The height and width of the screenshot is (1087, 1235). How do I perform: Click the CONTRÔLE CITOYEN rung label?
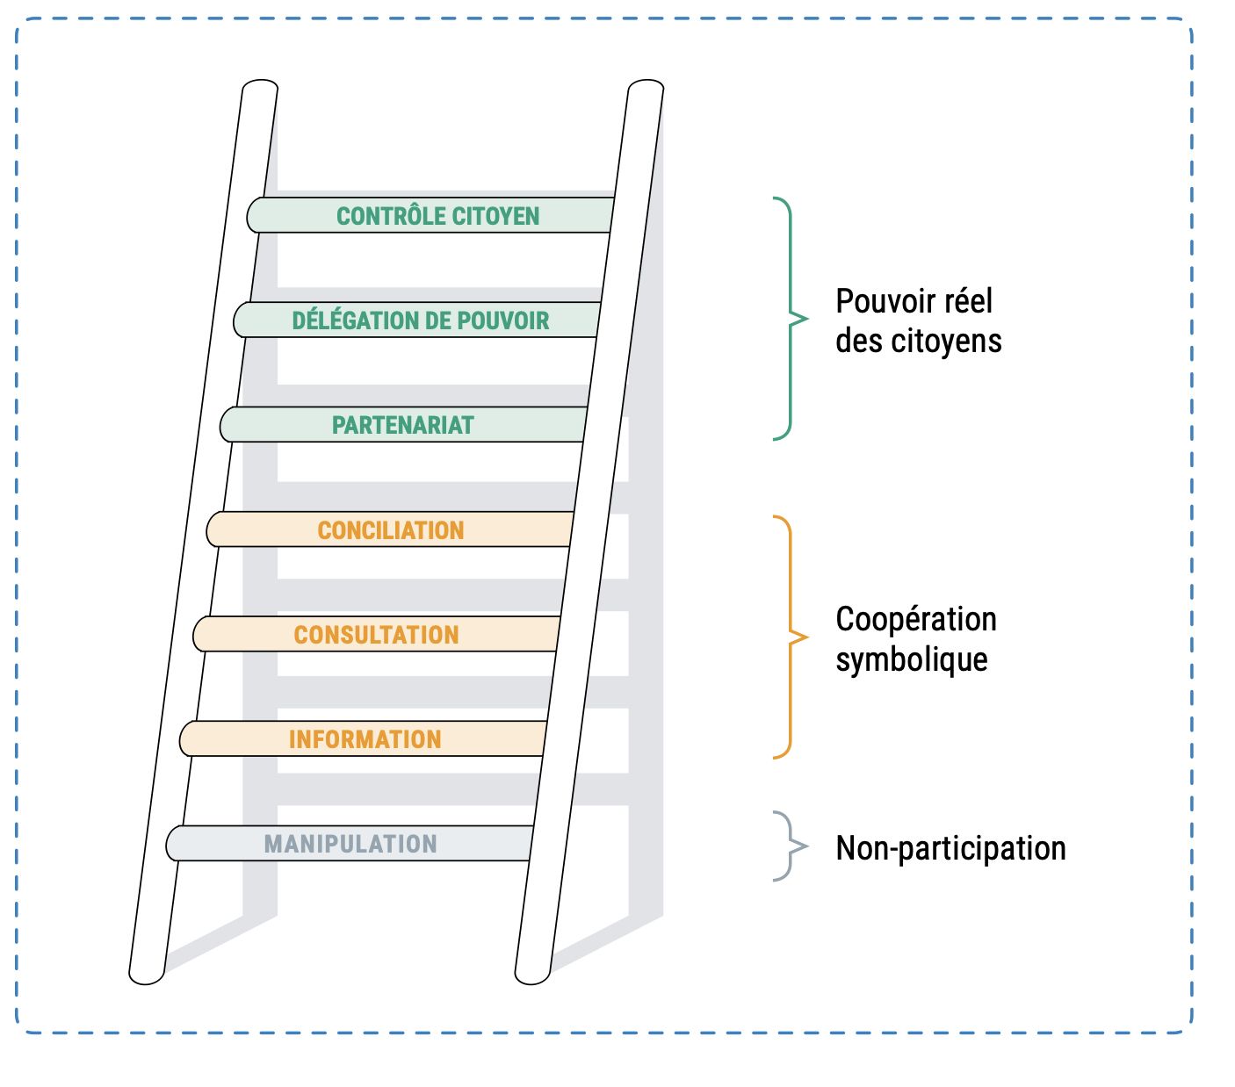437,216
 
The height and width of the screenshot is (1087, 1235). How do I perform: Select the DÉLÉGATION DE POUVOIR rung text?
420,320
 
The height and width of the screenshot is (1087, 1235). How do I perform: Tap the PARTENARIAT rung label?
402,425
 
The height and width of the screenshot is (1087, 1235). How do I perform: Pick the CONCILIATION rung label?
391,530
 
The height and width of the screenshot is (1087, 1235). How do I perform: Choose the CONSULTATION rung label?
376,635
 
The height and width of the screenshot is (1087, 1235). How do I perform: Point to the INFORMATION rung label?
365,739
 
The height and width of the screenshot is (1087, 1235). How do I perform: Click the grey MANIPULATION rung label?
350,844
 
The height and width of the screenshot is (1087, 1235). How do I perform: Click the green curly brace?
790,319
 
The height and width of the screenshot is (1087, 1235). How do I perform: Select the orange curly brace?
790,637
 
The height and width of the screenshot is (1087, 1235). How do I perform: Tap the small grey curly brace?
790,846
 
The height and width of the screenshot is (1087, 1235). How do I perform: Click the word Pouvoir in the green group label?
880,302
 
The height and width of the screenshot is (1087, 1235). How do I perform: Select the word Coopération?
915,619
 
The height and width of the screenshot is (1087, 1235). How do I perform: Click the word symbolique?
911,659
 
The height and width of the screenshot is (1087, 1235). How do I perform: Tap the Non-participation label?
950,848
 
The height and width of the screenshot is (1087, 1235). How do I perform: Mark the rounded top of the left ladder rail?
259,87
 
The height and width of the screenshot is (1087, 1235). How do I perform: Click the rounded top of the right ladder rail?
646,87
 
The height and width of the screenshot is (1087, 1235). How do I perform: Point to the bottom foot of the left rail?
147,975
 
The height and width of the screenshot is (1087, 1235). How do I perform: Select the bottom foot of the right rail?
532,975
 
